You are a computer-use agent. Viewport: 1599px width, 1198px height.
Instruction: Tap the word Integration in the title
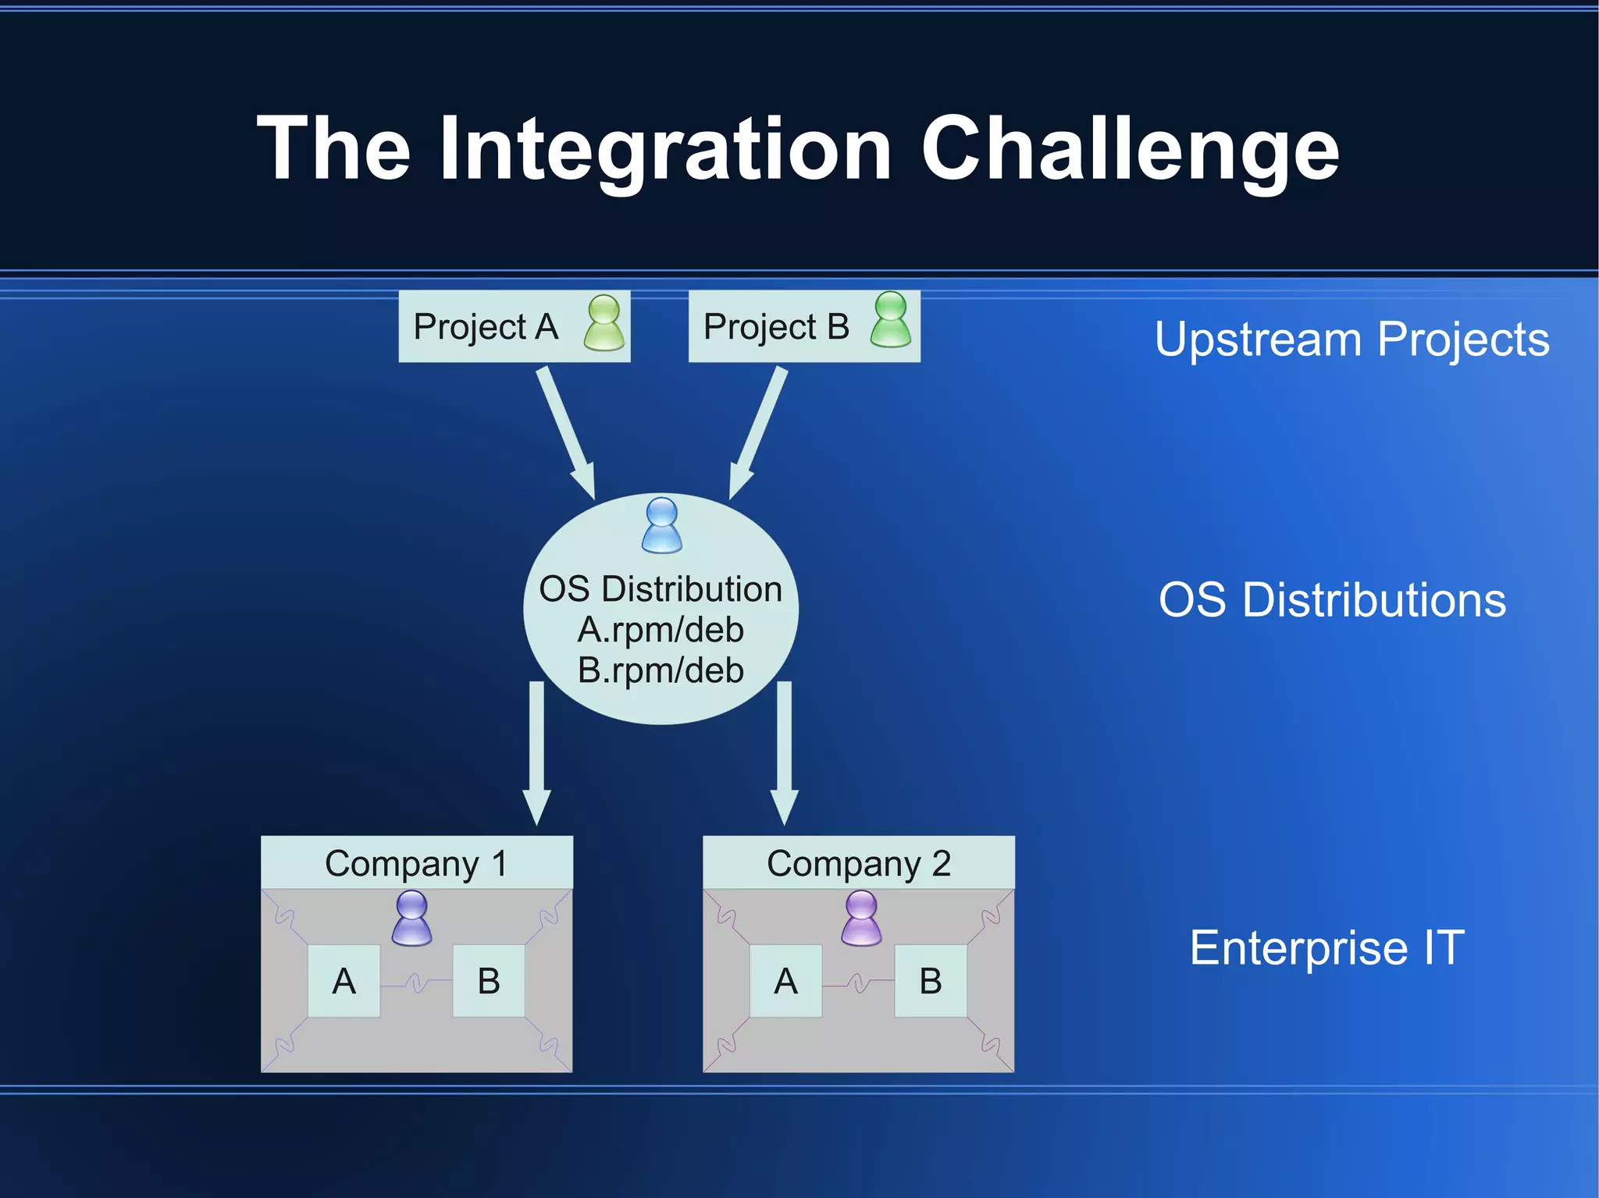click(x=665, y=148)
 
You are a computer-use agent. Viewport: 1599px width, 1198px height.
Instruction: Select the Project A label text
click(x=486, y=326)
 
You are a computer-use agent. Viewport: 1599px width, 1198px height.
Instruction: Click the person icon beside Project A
click(x=604, y=322)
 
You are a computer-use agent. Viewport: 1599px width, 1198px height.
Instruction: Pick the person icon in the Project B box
click(x=891, y=320)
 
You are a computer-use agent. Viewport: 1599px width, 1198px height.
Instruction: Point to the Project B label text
click(x=776, y=326)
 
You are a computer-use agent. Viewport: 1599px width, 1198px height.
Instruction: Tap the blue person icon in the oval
click(x=661, y=524)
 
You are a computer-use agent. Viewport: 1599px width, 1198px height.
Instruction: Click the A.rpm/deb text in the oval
click(x=661, y=630)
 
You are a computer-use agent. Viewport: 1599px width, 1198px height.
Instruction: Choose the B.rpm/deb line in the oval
click(x=661, y=670)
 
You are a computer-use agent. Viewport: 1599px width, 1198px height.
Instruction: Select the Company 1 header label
click(x=416, y=863)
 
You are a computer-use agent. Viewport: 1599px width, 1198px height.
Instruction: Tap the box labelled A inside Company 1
click(x=344, y=980)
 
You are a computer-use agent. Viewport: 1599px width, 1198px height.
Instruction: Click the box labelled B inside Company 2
click(x=930, y=980)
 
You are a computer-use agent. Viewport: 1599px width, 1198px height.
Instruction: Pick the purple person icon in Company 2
click(x=862, y=919)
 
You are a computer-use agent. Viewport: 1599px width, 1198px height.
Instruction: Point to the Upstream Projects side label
click(x=1351, y=339)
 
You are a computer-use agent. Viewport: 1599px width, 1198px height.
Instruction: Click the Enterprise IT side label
click(x=1327, y=947)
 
